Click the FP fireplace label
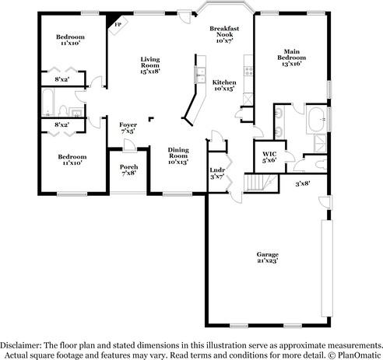pyautogui.click(x=118, y=25)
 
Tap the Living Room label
pyautogui.click(x=150, y=62)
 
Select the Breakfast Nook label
pyautogui.click(x=224, y=31)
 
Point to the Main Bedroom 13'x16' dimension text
pyautogui.click(x=292, y=64)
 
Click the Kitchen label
pyautogui.click(x=224, y=82)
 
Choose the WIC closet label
pyautogui.click(x=269, y=154)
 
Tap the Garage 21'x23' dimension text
pyautogui.click(x=268, y=260)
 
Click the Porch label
pyautogui.click(x=128, y=167)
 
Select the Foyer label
pyautogui.click(x=128, y=125)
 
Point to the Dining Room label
pyautogui.click(x=178, y=152)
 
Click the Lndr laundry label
pyautogui.click(x=217, y=170)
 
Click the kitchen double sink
pyautogui.click(x=200, y=75)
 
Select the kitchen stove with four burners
pyautogui.click(x=248, y=72)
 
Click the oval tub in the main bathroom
pyautogui.click(x=316, y=120)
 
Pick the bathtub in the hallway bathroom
pyautogui.click(x=48, y=103)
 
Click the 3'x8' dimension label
pyautogui.click(x=303, y=183)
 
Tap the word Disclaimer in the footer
pyautogui.click(x=20, y=345)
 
